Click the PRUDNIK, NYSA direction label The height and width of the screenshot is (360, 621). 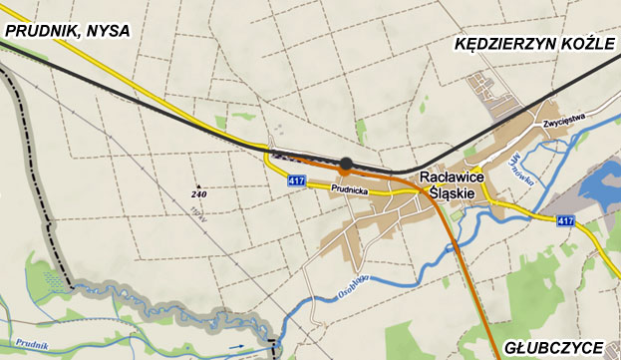(x=68, y=31)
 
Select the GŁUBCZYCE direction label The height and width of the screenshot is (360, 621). (x=553, y=347)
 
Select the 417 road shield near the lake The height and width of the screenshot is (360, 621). (x=566, y=220)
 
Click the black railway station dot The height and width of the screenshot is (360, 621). (x=346, y=165)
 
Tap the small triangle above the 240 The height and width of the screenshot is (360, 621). (x=199, y=185)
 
